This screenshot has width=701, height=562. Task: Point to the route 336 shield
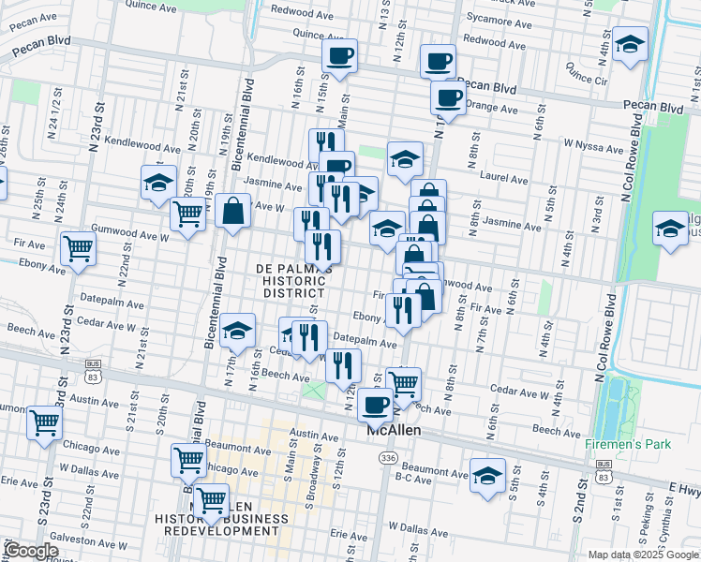click(x=388, y=457)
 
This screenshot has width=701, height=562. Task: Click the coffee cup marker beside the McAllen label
click(x=375, y=405)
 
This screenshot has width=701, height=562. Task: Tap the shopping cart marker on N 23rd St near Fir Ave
click(x=78, y=249)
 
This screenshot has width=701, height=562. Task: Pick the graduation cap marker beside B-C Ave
click(x=487, y=475)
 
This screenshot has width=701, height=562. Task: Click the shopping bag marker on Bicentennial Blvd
click(x=232, y=211)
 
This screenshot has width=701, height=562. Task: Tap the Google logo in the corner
click(x=31, y=551)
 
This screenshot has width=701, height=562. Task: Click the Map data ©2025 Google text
click(x=642, y=555)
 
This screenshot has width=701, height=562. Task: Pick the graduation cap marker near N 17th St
click(x=238, y=330)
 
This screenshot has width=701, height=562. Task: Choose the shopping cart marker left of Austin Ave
click(x=45, y=422)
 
